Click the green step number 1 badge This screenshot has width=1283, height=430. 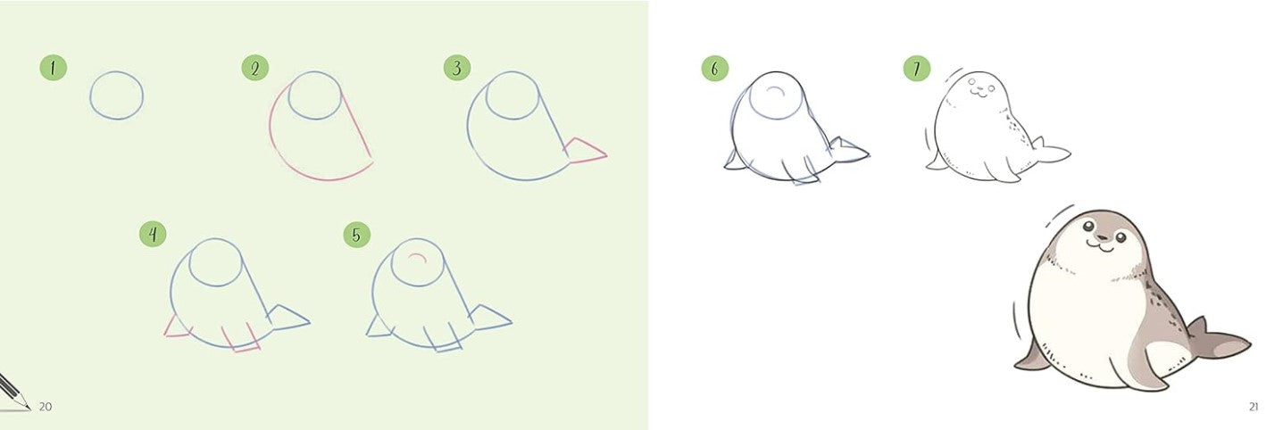point(53,68)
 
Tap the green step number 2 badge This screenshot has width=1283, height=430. point(255,68)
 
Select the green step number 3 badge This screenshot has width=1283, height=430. point(457,68)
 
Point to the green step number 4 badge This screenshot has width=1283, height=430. point(153,235)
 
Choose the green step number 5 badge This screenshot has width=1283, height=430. point(356,235)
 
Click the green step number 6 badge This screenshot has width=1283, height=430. point(714,68)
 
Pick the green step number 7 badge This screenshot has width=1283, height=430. point(916,68)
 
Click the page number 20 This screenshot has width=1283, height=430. point(46,407)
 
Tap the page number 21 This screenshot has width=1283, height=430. point(1253,407)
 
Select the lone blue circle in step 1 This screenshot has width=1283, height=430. point(116,95)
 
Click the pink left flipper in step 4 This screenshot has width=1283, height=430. point(178,328)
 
